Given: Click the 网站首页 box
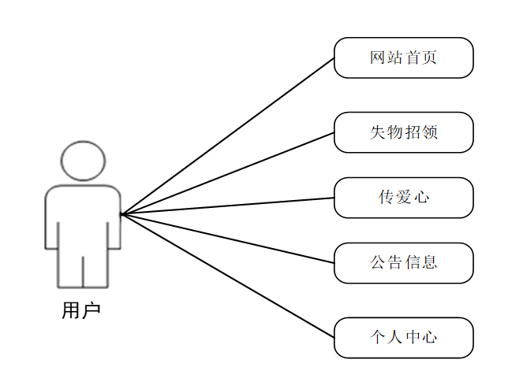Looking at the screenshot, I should coord(403,57).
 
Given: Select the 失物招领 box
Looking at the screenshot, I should coord(403,132).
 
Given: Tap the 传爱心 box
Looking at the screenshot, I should coord(403,198).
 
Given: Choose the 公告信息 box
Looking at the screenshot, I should coord(403,263).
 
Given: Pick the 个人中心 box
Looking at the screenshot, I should coord(403,338).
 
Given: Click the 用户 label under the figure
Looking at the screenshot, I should coord(81,311).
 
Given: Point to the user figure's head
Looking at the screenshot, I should coord(83,161).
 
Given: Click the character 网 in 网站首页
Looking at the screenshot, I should coord(378,57).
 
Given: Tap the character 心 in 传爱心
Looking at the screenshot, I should coord(421,198).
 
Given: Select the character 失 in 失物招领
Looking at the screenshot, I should coord(378,132).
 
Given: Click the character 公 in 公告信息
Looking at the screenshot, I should coord(378,263).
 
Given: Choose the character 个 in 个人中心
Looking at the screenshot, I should coord(378,338).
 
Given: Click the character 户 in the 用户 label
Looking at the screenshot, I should coord(91,311).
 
